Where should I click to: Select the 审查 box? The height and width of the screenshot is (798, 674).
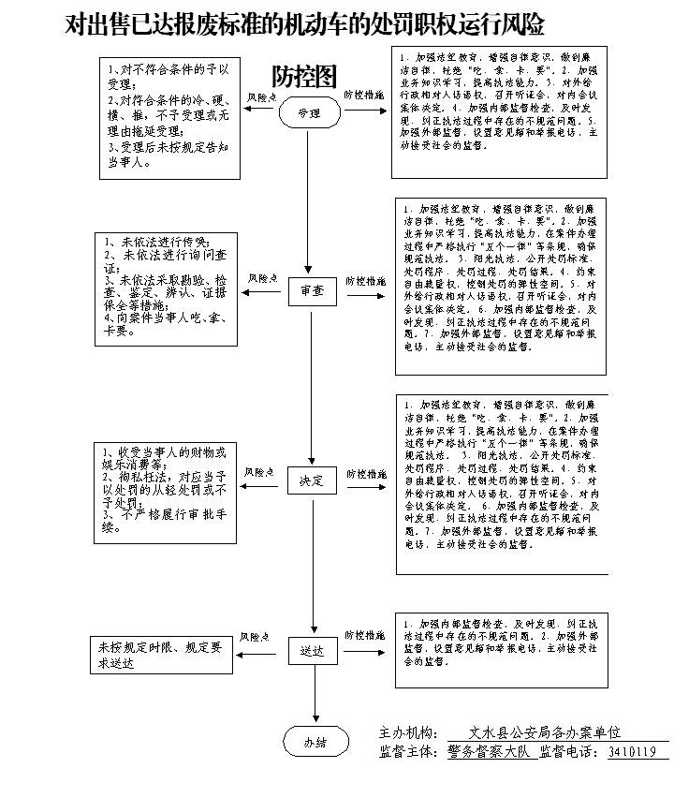pyautogui.click(x=312, y=291)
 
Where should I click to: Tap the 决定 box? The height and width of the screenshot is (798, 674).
pyautogui.click(x=311, y=480)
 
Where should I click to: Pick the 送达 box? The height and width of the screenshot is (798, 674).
pyautogui.click(x=311, y=649)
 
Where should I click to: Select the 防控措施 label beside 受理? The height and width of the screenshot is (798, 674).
pyautogui.click(x=362, y=96)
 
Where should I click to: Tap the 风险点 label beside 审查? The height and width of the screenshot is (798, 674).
pyautogui.click(x=263, y=279)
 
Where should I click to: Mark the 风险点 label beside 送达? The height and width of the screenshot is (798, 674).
pyautogui.click(x=255, y=637)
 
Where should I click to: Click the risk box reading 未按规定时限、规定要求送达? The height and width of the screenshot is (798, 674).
pyautogui.click(x=162, y=655)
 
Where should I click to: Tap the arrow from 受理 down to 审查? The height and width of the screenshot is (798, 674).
pyautogui.click(x=312, y=201)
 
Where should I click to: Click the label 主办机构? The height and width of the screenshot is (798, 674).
pyautogui.click(x=406, y=732)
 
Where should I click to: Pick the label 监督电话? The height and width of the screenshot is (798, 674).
pyautogui.click(x=570, y=752)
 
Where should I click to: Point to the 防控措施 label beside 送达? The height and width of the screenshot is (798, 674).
pyautogui.click(x=364, y=636)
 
